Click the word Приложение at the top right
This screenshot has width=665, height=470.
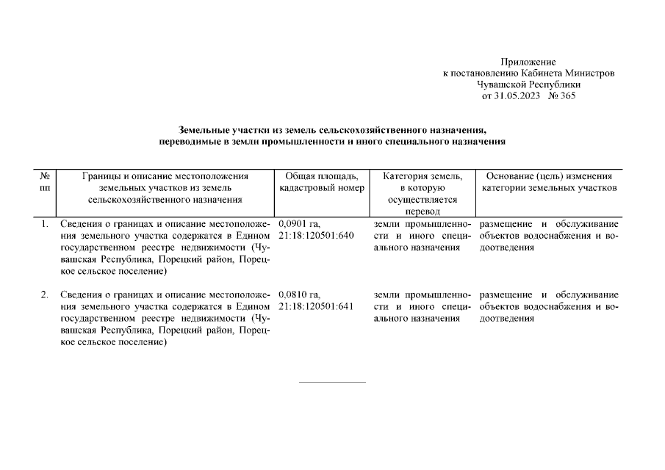pos(528,62)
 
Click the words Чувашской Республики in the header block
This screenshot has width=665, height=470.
pos(528,84)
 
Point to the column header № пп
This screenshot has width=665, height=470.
pos(45,182)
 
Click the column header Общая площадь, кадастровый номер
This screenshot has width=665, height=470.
pos(321,182)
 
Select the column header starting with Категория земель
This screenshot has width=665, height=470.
pos(423,193)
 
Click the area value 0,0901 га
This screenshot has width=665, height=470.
pos(300,224)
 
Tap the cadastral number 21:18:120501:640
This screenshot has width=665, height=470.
pos(317,235)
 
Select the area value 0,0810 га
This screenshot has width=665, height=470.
pos(300,295)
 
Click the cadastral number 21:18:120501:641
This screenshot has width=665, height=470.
pos(317,307)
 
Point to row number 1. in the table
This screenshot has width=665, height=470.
pos(45,224)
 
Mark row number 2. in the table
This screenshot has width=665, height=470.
pos(45,295)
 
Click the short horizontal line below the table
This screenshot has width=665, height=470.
pos(332,382)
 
